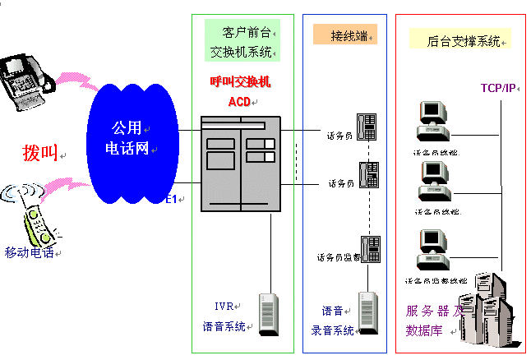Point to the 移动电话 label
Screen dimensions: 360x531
pos(29,252)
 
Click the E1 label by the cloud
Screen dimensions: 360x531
pos(171,200)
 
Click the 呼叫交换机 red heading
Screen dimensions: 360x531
pos(240,82)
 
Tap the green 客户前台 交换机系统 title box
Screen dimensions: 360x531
pos(242,42)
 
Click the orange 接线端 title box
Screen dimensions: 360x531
pos(344,35)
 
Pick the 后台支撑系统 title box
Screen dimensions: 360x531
pos(459,39)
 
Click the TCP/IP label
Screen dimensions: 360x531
pos(498,88)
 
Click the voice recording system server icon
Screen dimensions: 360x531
pos(367,312)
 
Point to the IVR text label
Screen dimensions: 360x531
pos(224,307)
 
